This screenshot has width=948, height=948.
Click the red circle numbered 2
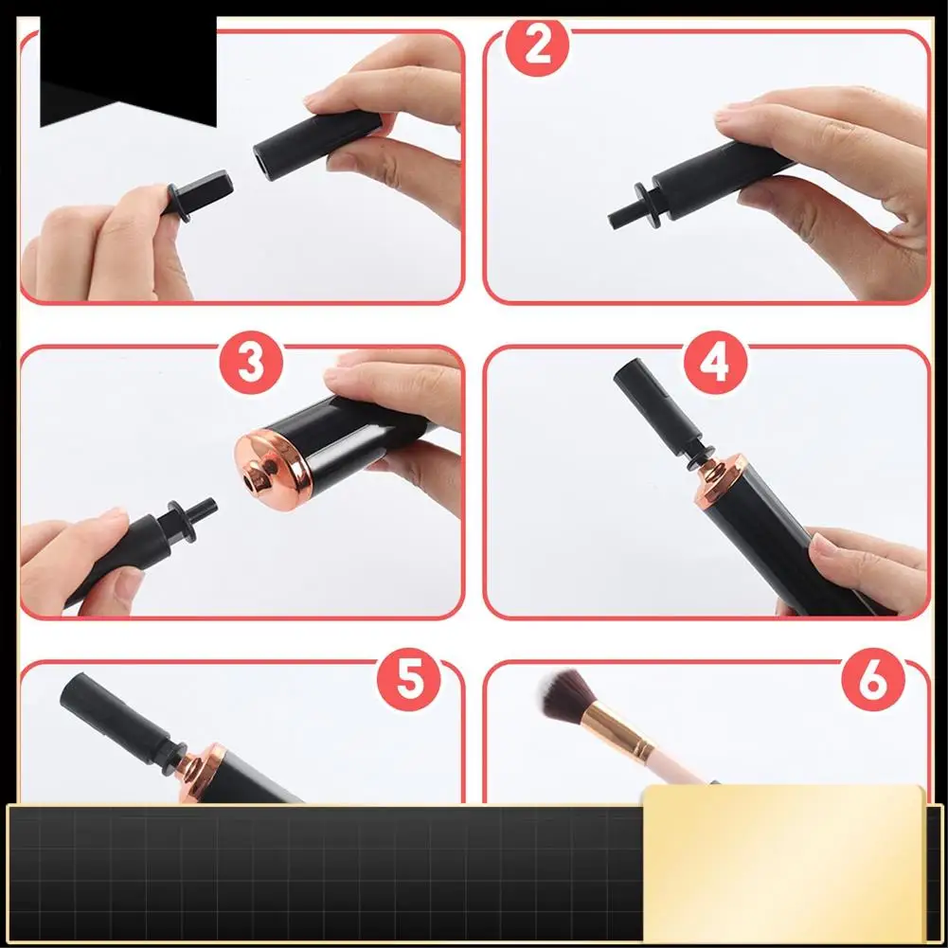[x=537, y=46]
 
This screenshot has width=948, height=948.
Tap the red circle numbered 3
[x=251, y=362]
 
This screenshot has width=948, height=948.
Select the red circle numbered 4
[x=715, y=362]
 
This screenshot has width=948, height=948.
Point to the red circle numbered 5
[x=409, y=679]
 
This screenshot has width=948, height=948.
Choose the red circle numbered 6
[x=873, y=679]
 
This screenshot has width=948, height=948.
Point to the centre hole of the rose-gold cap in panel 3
[x=249, y=481]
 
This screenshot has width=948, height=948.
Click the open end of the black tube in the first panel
[x=262, y=162]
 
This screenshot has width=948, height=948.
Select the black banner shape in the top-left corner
[x=128, y=69]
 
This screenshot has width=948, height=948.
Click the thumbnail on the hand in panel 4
[x=823, y=545]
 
